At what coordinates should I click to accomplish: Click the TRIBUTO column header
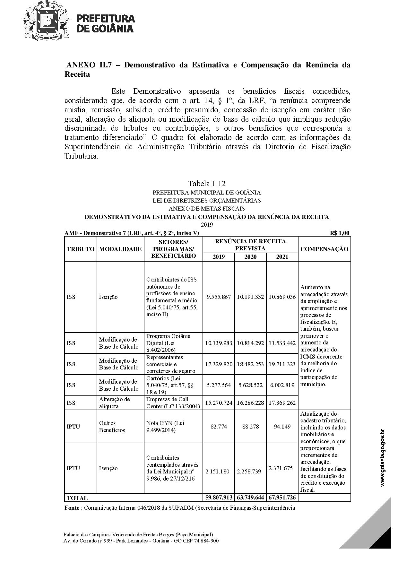click(81, 249)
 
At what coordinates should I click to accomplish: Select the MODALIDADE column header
click(120, 249)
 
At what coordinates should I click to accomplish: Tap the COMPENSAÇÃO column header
click(324, 249)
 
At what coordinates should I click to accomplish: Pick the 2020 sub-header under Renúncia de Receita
click(250, 257)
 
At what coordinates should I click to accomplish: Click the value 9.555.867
click(219, 297)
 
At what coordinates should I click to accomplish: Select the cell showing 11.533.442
click(282, 343)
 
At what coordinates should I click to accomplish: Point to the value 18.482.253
click(250, 364)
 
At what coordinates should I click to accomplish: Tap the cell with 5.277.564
click(219, 385)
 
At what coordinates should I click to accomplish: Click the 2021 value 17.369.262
click(282, 403)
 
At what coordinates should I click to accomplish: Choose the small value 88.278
click(250, 427)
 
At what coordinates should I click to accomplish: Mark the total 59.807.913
click(219, 498)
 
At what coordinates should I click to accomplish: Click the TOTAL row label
click(77, 498)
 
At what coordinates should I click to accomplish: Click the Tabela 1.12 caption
click(207, 184)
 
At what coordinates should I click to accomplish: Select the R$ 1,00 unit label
click(340, 233)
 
